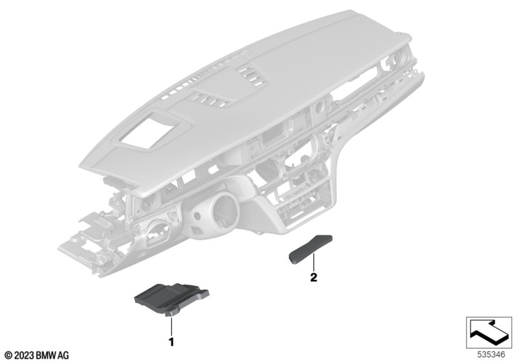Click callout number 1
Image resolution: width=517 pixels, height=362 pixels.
click(171, 342)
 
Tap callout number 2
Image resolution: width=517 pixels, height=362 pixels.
click(313, 277)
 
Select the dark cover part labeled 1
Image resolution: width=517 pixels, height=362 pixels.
click(172, 299)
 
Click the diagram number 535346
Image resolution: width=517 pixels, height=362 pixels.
click(491, 355)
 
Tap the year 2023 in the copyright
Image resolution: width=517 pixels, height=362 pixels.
click(23, 356)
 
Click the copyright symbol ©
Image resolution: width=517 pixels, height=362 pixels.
click(8, 356)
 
